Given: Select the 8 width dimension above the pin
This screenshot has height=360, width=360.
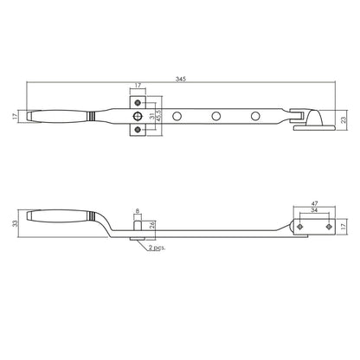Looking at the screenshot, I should [136, 210].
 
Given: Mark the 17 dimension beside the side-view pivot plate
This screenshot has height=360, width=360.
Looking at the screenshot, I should [344, 227].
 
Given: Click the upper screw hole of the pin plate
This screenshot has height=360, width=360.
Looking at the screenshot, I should [136, 102].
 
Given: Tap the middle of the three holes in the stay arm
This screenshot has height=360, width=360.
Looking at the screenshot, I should [215, 115].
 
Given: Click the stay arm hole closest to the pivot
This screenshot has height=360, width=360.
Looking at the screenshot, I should [255, 115].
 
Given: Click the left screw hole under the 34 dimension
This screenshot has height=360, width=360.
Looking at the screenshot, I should [299, 226].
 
